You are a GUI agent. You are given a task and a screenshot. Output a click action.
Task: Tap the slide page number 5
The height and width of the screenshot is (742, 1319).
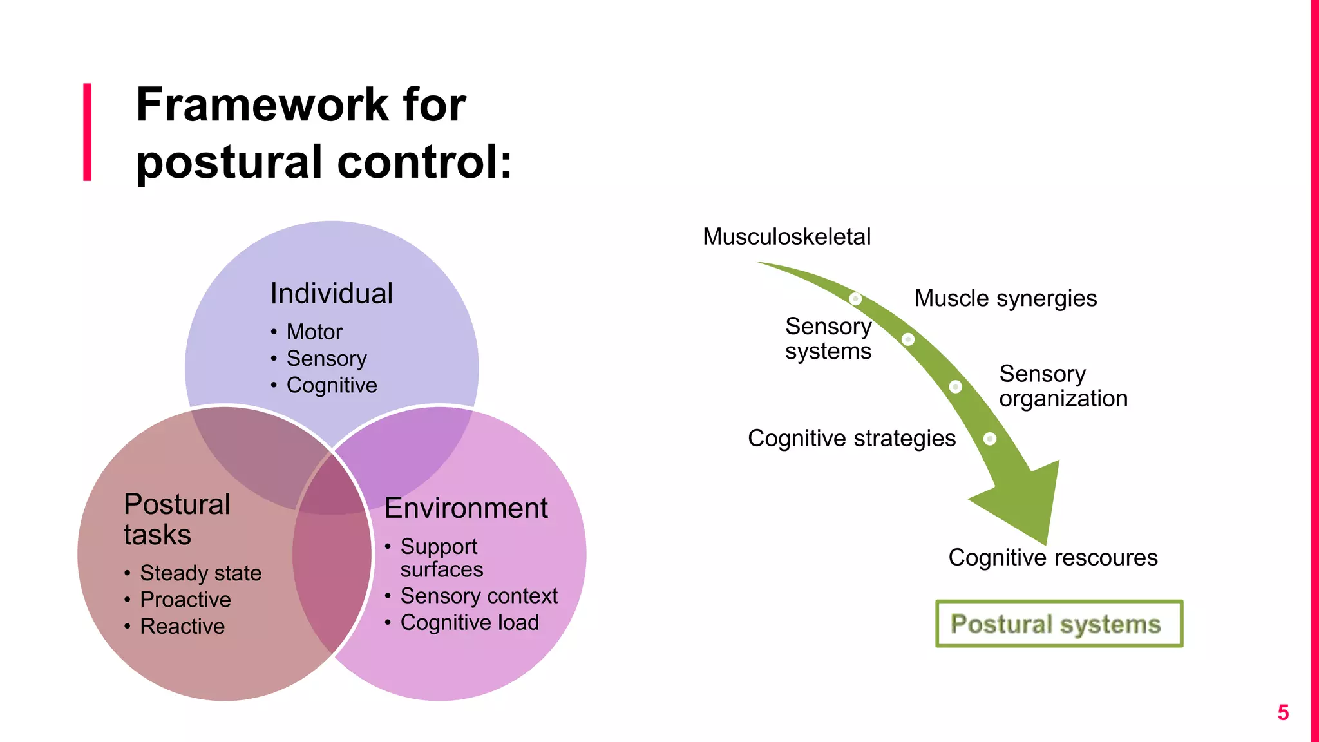(x=1283, y=712)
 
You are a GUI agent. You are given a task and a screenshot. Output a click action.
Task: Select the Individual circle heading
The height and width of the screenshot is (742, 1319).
(x=331, y=294)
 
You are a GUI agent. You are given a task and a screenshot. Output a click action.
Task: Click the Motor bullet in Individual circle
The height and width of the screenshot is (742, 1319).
(x=314, y=332)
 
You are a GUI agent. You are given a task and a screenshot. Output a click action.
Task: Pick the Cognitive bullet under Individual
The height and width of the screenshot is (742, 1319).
(x=332, y=385)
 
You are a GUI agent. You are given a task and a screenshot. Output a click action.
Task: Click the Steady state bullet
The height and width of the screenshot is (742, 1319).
(x=200, y=573)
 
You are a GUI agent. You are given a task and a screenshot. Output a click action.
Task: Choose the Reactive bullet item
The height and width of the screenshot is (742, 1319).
(x=182, y=626)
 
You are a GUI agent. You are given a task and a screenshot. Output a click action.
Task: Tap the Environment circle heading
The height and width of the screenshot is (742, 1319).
(x=466, y=508)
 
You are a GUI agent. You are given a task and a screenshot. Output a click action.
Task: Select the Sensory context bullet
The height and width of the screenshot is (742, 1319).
(x=479, y=596)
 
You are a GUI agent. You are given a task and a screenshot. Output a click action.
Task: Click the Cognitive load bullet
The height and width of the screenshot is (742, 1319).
(x=470, y=623)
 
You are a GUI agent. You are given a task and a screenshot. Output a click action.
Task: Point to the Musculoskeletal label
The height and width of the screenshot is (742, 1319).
(x=786, y=236)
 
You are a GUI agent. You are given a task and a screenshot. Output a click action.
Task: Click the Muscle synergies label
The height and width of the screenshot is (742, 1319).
(x=1005, y=298)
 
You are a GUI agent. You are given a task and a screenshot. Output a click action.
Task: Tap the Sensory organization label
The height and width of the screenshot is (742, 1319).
(x=1063, y=386)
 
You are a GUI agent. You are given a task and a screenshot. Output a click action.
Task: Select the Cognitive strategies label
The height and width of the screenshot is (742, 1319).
(x=851, y=438)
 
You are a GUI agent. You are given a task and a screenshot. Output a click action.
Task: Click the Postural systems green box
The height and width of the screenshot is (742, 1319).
(x=1059, y=623)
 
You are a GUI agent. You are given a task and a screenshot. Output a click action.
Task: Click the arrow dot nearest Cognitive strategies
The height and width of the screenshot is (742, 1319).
(x=990, y=439)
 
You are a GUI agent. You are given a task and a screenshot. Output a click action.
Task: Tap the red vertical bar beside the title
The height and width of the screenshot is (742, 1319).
(x=88, y=132)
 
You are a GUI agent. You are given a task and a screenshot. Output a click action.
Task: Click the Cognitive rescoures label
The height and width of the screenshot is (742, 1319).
(x=1052, y=557)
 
